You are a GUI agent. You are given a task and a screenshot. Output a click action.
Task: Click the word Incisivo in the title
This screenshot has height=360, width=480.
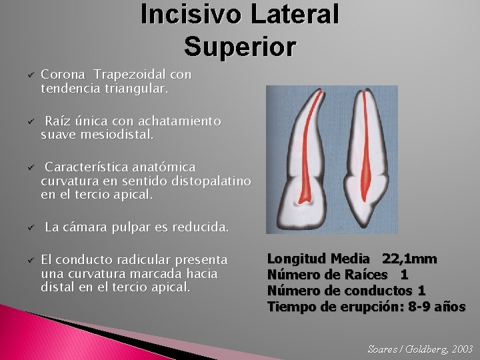(x=181, y=14)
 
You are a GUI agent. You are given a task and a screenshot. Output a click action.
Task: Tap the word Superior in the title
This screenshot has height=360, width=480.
(x=240, y=46)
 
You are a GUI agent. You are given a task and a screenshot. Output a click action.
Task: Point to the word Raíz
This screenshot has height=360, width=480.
(x=57, y=121)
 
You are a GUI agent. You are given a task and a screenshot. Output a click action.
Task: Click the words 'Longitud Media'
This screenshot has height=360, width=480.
(x=318, y=259)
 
